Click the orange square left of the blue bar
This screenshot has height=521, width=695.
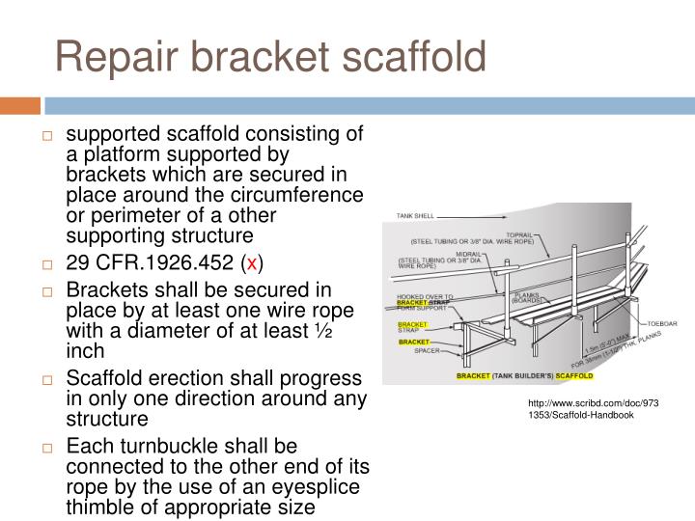(20, 104)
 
